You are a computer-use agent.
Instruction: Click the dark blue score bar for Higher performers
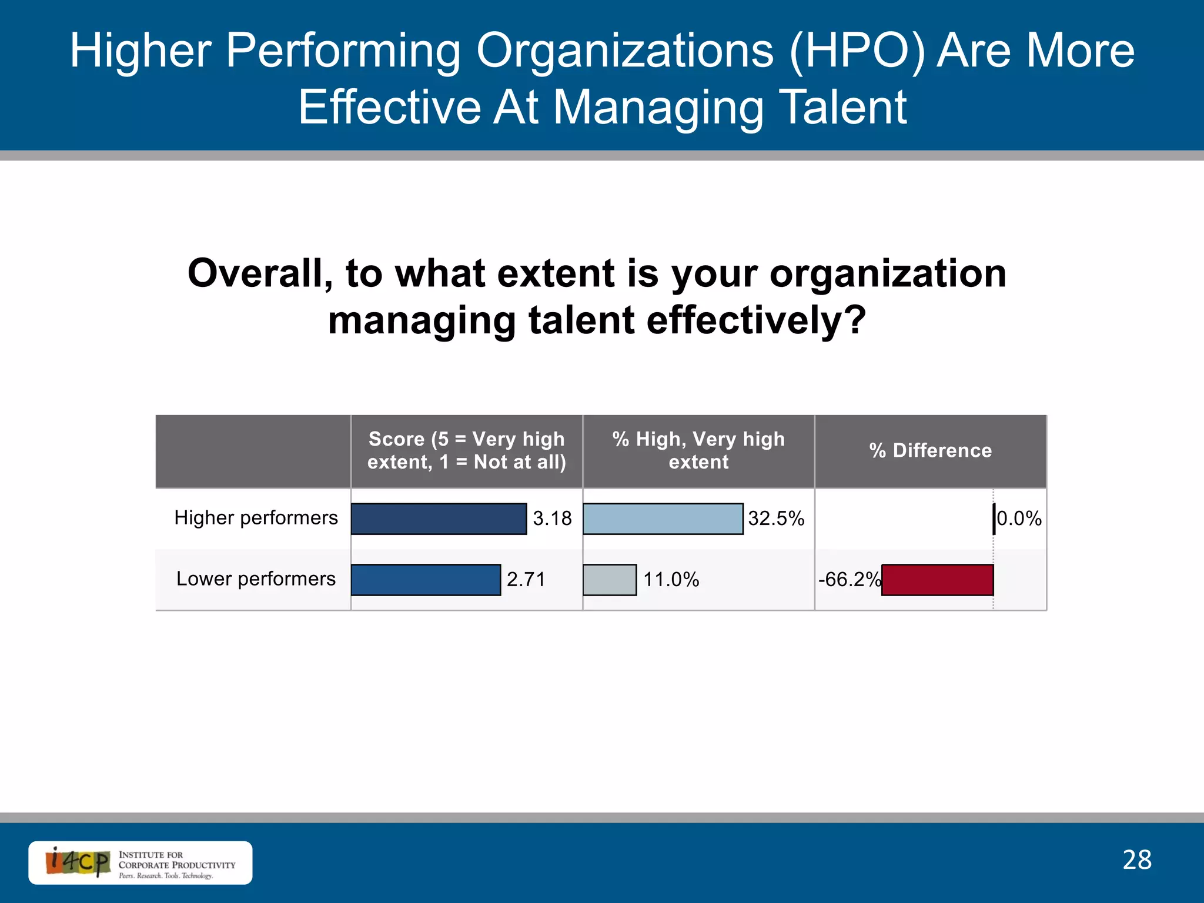tap(439, 519)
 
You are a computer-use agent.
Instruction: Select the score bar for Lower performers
tap(426, 580)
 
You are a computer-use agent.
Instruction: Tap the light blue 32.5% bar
tap(663, 519)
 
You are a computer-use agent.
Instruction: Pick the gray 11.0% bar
tap(610, 580)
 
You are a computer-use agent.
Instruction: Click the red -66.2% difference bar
tap(937, 580)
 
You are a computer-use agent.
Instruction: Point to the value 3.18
tap(552, 519)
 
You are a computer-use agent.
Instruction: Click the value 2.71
tap(526, 580)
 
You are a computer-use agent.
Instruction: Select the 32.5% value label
tap(776, 519)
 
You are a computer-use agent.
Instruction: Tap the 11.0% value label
tap(671, 580)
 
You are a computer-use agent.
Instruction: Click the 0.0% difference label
tap(1019, 519)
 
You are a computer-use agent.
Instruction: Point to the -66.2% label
tap(849, 580)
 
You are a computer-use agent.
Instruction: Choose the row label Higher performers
tap(256, 518)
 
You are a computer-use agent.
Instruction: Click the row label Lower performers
tap(256, 579)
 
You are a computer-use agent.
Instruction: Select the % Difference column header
tap(930, 451)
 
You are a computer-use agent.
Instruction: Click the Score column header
tap(466, 451)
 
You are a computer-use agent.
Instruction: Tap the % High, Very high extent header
tap(698, 451)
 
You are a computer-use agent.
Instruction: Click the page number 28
tap(1137, 860)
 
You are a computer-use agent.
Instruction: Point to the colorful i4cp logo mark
tap(78, 862)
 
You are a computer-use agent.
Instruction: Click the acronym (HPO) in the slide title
tap(856, 51)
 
